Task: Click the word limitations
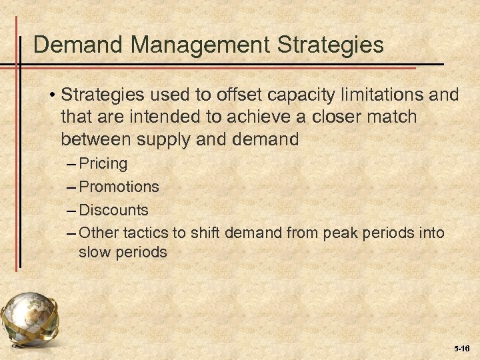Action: coord(378,95)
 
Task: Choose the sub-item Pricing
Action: coord(103,163)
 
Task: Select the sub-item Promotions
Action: coord(119,187)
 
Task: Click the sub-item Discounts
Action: coord(113,210)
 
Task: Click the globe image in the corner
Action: coord(30,321)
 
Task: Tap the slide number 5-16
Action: coord(461,348)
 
